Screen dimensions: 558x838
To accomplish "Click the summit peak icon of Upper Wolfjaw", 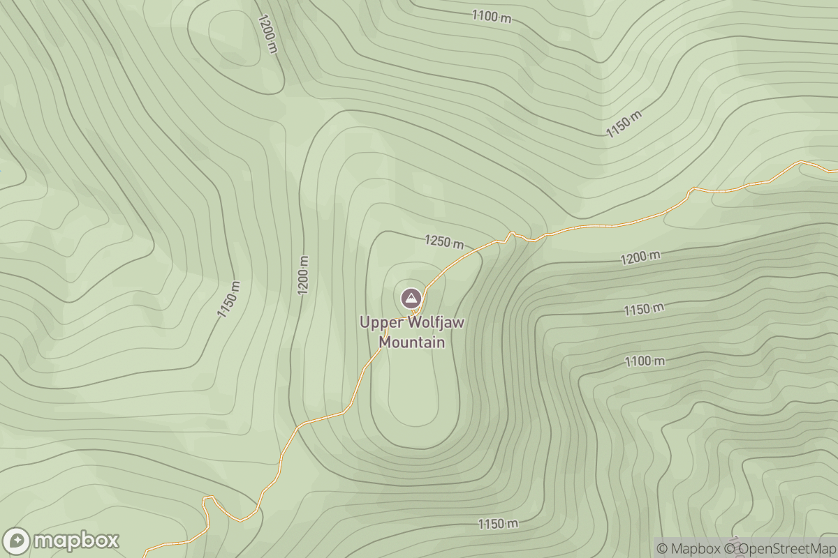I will pos(411,299).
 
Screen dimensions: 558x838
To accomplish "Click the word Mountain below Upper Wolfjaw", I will pos(411,342).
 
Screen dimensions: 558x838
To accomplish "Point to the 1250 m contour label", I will pos(444,242).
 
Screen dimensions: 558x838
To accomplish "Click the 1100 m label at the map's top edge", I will pos(492,16).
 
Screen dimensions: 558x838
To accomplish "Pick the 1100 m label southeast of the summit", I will pos(645,361).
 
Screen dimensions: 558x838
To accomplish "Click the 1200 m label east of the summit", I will pos(640,257).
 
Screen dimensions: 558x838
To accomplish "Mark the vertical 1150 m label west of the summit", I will pos(228,300).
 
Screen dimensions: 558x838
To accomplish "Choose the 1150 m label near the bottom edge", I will pos(498,523).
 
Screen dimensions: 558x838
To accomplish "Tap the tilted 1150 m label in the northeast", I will pos(624,124).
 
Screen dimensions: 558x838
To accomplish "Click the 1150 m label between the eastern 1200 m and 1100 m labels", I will pos(644,308).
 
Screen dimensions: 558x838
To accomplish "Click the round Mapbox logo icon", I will pos(16,541).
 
